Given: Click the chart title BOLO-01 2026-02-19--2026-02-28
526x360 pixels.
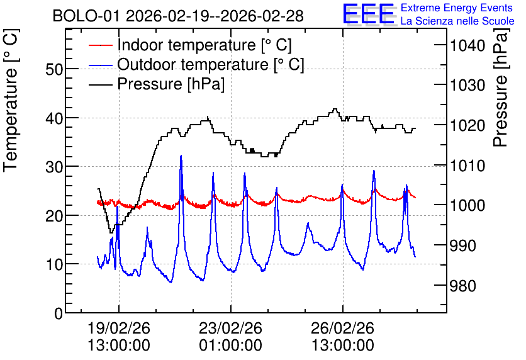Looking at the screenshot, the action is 178,16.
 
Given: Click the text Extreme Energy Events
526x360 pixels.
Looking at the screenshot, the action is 457,8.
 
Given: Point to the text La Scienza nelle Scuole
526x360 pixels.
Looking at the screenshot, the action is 457,21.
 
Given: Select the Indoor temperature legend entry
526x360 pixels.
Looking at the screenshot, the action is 190,45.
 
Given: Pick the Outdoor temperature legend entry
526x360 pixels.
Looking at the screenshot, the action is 196,64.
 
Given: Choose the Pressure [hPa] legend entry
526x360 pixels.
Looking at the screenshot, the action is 157,84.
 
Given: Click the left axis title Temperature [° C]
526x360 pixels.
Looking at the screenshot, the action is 11,101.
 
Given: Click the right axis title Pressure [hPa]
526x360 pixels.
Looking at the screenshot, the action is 501,87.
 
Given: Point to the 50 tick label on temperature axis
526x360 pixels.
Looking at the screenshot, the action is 53,69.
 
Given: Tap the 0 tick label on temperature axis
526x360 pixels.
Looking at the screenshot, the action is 59,313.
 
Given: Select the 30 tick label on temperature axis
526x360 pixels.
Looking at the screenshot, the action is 53,167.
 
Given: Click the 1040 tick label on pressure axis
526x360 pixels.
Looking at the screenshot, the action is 467,45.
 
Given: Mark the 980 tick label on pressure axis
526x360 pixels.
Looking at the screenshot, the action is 463,286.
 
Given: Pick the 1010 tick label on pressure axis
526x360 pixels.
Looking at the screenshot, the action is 467,166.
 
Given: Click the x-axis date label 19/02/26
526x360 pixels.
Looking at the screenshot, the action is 119,328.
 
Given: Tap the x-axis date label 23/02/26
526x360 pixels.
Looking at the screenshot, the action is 230,328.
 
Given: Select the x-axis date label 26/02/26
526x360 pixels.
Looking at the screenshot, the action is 342,328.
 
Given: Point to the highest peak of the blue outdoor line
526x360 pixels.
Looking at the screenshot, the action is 181,155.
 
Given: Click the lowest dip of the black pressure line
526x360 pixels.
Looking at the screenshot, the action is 111,232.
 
